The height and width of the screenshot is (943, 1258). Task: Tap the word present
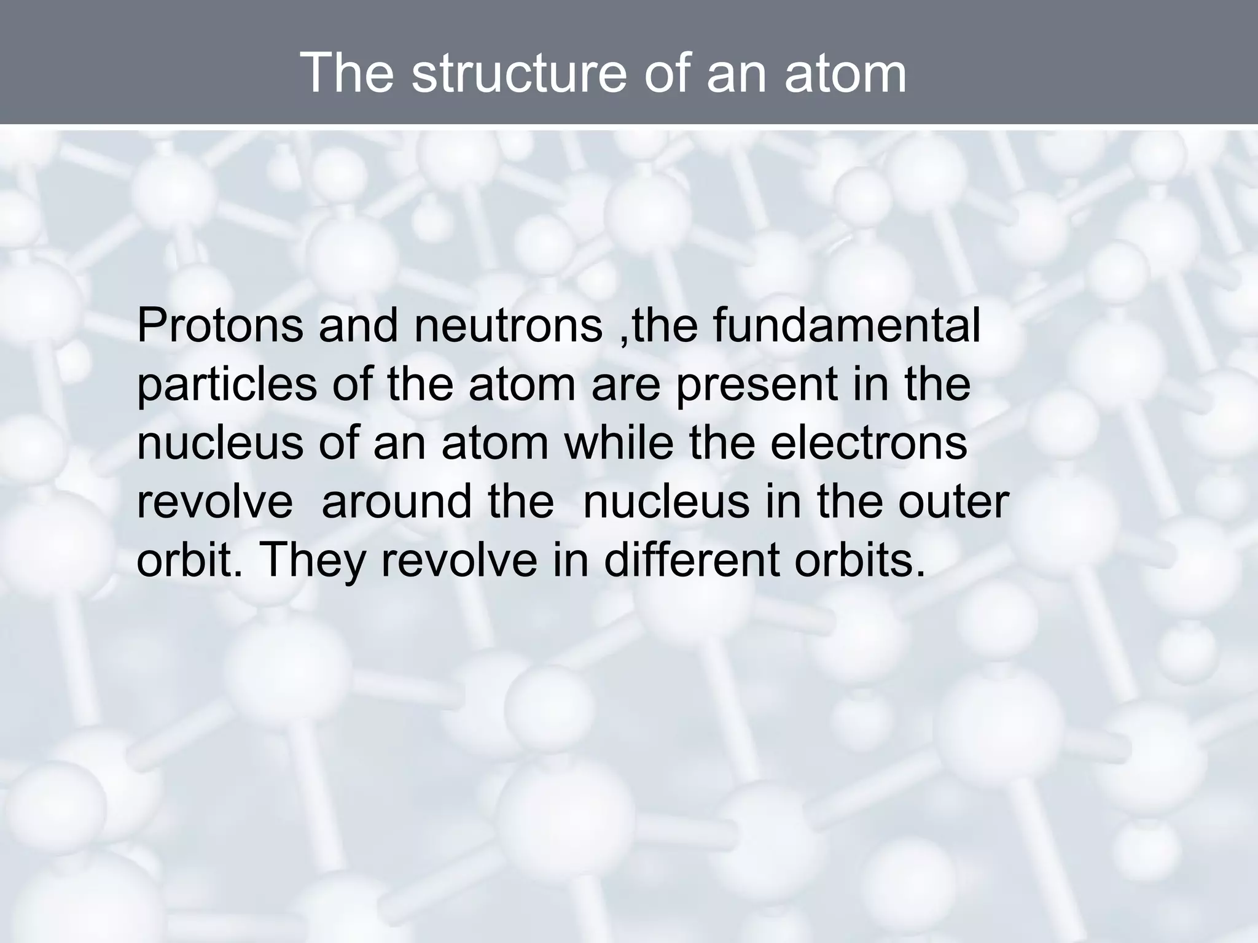(x=758, y=384)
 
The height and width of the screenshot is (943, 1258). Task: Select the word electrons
(x=869, y=443)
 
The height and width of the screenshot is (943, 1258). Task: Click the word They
(x=313, y=560)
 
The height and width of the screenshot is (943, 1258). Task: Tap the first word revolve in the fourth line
(x=215, y=501)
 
